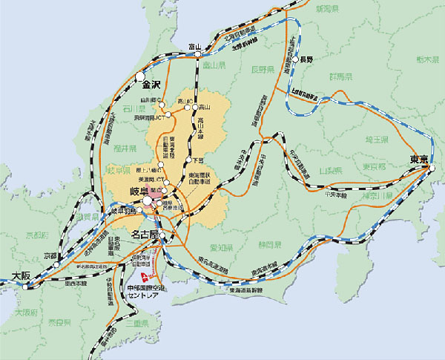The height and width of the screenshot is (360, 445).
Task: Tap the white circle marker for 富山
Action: pyautogui.click(x=197, y=56)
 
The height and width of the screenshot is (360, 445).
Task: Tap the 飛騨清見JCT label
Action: pyautogui.click(x=148, y=117)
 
